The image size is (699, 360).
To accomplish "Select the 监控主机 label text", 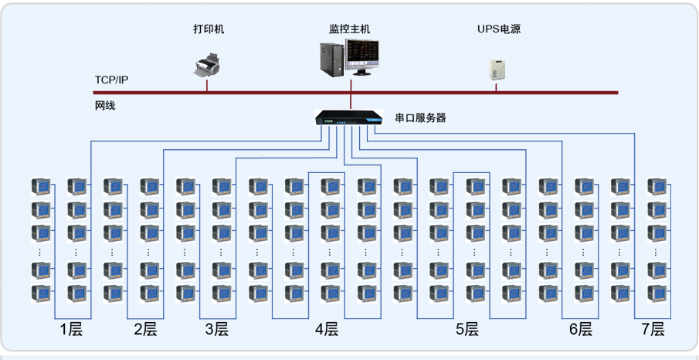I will (350, 29).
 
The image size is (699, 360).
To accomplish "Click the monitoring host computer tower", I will (331, 58).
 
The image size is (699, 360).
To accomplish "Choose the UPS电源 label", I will (499, 29).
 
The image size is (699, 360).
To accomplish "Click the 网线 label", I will (105, 105).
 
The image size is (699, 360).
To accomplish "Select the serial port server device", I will (349, 118).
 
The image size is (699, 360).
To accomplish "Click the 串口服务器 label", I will (421, 118).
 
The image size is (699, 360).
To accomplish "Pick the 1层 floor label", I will (71, 330).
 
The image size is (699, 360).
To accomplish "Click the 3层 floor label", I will (217, 330).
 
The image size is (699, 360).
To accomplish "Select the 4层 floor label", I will (327, 330).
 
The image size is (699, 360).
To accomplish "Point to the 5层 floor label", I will (467, 330).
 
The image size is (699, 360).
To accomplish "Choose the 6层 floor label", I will (581, 330).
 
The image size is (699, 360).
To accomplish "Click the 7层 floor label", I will (653, 330).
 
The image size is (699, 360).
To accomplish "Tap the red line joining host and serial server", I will (351, 102).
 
